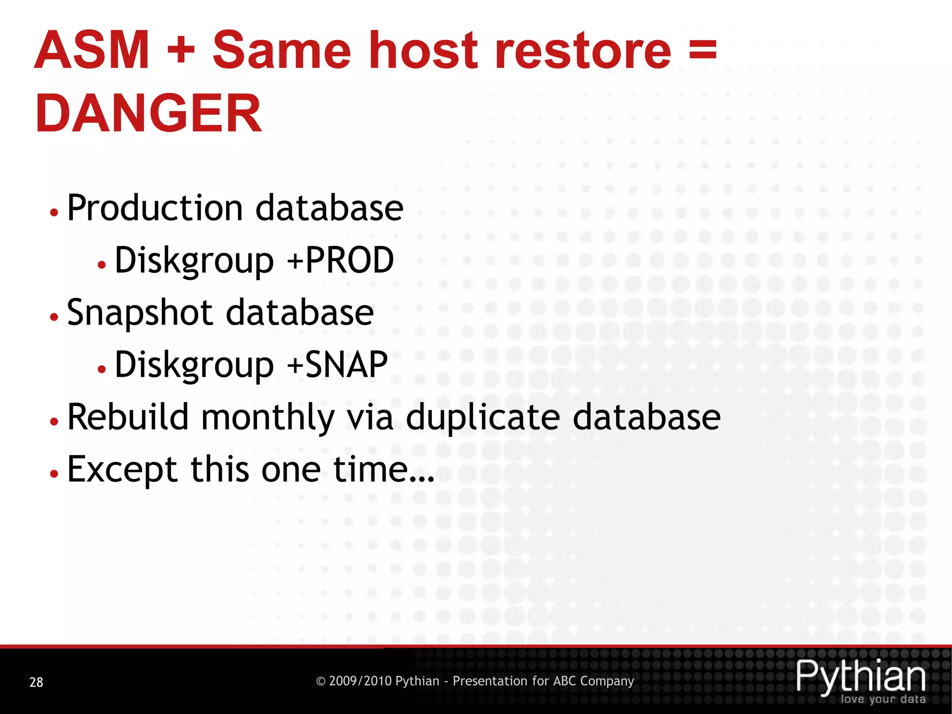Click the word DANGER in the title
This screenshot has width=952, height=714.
click(x=149, y=113)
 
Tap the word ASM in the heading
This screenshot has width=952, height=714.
click(x=92, y=50)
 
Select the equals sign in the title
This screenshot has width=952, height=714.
click(x=702, y=50)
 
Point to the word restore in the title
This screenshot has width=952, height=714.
click(x=583, y=51)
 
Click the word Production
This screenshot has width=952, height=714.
click(x=155, y=208)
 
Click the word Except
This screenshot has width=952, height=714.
click(x=122, y=469)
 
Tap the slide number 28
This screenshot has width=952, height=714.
click(x=36, y=682)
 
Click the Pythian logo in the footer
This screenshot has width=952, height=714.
click(x=861, y=677)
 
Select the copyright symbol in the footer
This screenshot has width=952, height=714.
click(x=320, y=681)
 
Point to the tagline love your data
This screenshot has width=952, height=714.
click(x=883, y=699)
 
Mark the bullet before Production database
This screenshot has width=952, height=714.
click(x=54, y=212)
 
